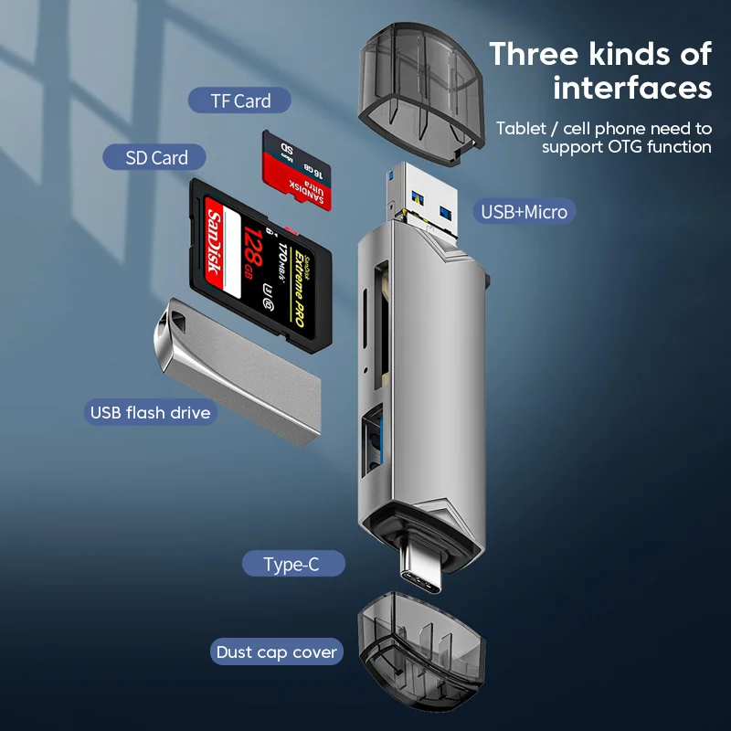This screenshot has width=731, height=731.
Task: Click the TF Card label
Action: (240, 101)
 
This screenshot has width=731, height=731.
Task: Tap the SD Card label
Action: (157, 157)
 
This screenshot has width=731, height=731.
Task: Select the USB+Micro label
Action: (524, 212)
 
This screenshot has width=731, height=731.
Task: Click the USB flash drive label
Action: (150, 412)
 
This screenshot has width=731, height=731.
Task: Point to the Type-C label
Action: (291, 565)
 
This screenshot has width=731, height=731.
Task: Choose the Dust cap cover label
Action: (277, 652)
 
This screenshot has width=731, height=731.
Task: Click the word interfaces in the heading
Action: (632, 88)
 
